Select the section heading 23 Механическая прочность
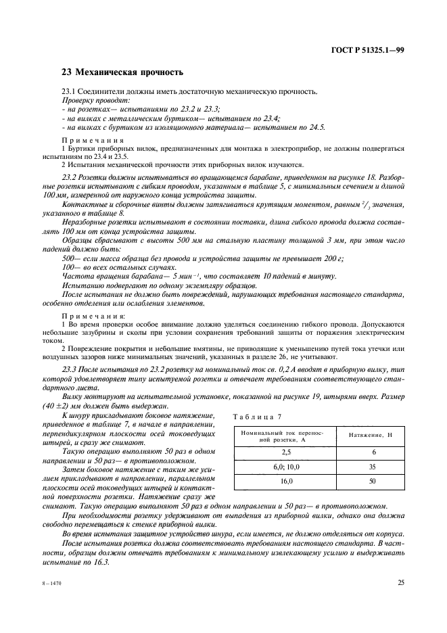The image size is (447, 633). pyautogui.click(x=122, y=72)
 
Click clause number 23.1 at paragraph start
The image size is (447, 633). pyautogui.click(x=70, y=91)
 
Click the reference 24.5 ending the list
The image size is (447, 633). pyautogui.click(x=316, y=126)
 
